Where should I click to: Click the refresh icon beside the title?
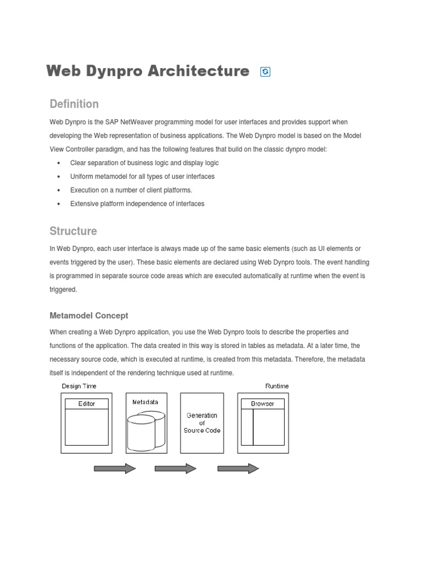point(265,72)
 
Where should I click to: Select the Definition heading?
point(74,104)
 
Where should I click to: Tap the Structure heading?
point(73,231)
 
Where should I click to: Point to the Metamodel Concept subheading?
point(89,316)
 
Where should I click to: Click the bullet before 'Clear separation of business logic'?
point(59,163)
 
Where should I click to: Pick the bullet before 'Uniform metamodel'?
point(59,177)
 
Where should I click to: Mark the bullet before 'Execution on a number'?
point(59,190)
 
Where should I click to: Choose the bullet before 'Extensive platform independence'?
point(59,204)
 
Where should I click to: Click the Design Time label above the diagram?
point(79,386)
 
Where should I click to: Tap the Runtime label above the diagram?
point(277,386)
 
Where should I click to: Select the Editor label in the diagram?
point(86,404)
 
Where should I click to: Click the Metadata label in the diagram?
point(145,402)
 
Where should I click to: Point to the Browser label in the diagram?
point(263,404)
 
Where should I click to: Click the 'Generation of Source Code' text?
point(202,423)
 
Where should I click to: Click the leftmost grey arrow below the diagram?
point(115,468)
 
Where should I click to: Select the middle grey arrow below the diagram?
point(175,468)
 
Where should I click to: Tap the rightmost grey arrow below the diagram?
point(238,468)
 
